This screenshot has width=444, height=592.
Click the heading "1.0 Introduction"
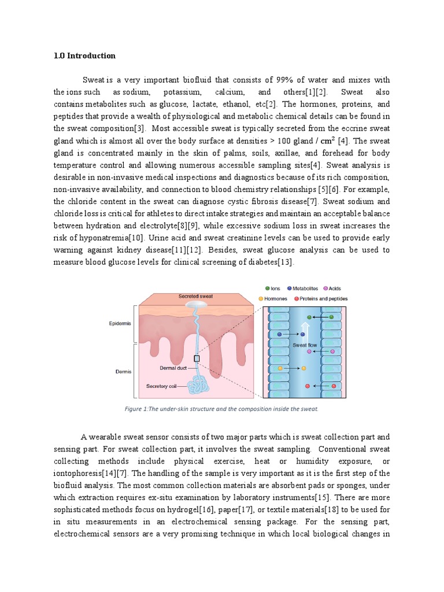[x=84, y=56]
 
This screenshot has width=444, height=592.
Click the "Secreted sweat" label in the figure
[x=195, y=296]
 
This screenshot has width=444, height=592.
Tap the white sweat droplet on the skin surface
[x=195, y=305]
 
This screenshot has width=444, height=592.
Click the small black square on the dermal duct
[x=197, y=358]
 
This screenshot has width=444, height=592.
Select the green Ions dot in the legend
[x=267, y=288]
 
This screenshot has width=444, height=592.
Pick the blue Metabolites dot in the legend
[x=288, y=288]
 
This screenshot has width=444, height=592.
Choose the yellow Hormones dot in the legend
[x=261, y=299]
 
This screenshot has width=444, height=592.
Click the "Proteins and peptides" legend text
[x=325, y=299]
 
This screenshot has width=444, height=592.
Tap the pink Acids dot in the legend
[x=326, y=288]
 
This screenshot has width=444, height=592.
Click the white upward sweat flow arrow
[x=305, y=330]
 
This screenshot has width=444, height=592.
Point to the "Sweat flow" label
[x=305, y=345]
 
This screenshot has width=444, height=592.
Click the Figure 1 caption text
[x=221, y=409]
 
